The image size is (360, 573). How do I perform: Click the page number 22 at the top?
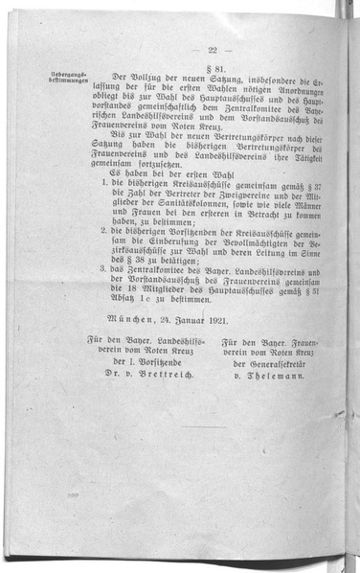click(211, 50)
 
